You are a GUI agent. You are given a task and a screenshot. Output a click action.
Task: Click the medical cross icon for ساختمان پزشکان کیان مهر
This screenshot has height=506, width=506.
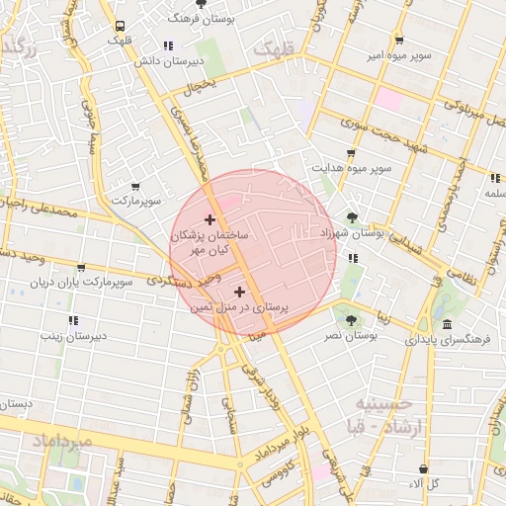coord(210,218)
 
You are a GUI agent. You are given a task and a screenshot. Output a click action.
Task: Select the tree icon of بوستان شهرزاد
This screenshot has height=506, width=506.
coord(352,217)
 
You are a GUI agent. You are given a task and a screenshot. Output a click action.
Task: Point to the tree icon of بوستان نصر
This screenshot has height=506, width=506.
coord(351,320)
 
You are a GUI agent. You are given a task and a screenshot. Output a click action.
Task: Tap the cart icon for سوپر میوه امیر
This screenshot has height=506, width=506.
coord(398,41)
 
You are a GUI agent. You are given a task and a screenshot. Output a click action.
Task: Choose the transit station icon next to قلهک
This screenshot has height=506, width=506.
coord(120,26)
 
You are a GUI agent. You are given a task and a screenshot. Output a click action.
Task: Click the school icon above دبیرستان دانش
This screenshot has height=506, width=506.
coord(168,45)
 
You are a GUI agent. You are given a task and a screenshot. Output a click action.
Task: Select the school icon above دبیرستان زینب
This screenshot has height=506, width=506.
coord(72,320)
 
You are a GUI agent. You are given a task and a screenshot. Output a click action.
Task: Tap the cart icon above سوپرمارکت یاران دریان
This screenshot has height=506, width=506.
coord(80,268)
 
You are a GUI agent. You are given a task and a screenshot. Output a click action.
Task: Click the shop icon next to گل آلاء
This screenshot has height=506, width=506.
coord(423,468)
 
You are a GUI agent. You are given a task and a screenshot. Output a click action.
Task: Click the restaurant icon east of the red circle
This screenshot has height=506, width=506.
coord(353,259)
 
